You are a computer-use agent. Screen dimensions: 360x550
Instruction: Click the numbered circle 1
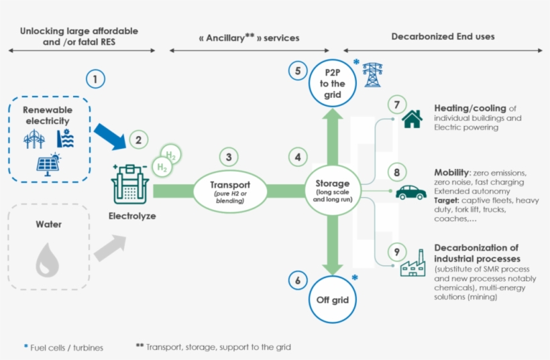click(96, 79)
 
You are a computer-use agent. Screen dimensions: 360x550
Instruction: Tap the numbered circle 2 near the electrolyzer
click(138, 140)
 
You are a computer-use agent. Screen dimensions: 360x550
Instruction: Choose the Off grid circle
click(332, 299)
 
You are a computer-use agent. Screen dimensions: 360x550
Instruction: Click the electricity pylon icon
click(373, 75)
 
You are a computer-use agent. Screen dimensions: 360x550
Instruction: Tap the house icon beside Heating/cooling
click(412, 119)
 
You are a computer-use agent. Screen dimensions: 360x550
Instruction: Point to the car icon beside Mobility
click(410, 192)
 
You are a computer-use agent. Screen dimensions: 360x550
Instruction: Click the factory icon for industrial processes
click(412, 264)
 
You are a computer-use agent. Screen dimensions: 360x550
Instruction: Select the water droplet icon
click(47, 259)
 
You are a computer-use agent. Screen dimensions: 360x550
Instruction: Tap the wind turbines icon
click(34, 139)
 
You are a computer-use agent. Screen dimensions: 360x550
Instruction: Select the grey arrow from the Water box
click(109, 247)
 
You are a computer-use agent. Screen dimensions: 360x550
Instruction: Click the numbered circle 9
click(397, 252)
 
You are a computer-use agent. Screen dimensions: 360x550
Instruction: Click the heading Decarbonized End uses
click(443, 36)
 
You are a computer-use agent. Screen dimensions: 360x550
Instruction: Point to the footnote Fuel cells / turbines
click(66, 347)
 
